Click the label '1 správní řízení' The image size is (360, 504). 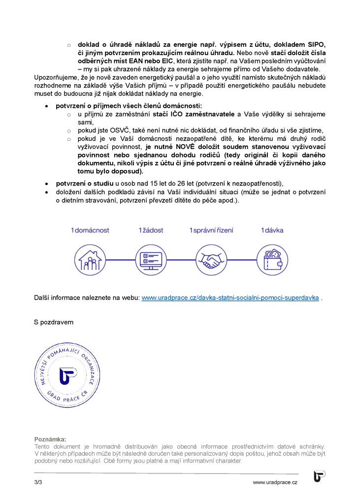211,230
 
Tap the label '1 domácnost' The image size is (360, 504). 90,230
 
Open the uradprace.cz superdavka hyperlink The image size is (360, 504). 230,298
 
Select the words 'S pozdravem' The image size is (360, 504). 54,322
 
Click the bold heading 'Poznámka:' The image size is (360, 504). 50,439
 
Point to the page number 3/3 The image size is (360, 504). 38,483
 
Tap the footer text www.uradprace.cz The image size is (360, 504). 275,483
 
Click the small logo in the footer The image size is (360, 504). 319,476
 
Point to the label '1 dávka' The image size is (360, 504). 272,230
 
